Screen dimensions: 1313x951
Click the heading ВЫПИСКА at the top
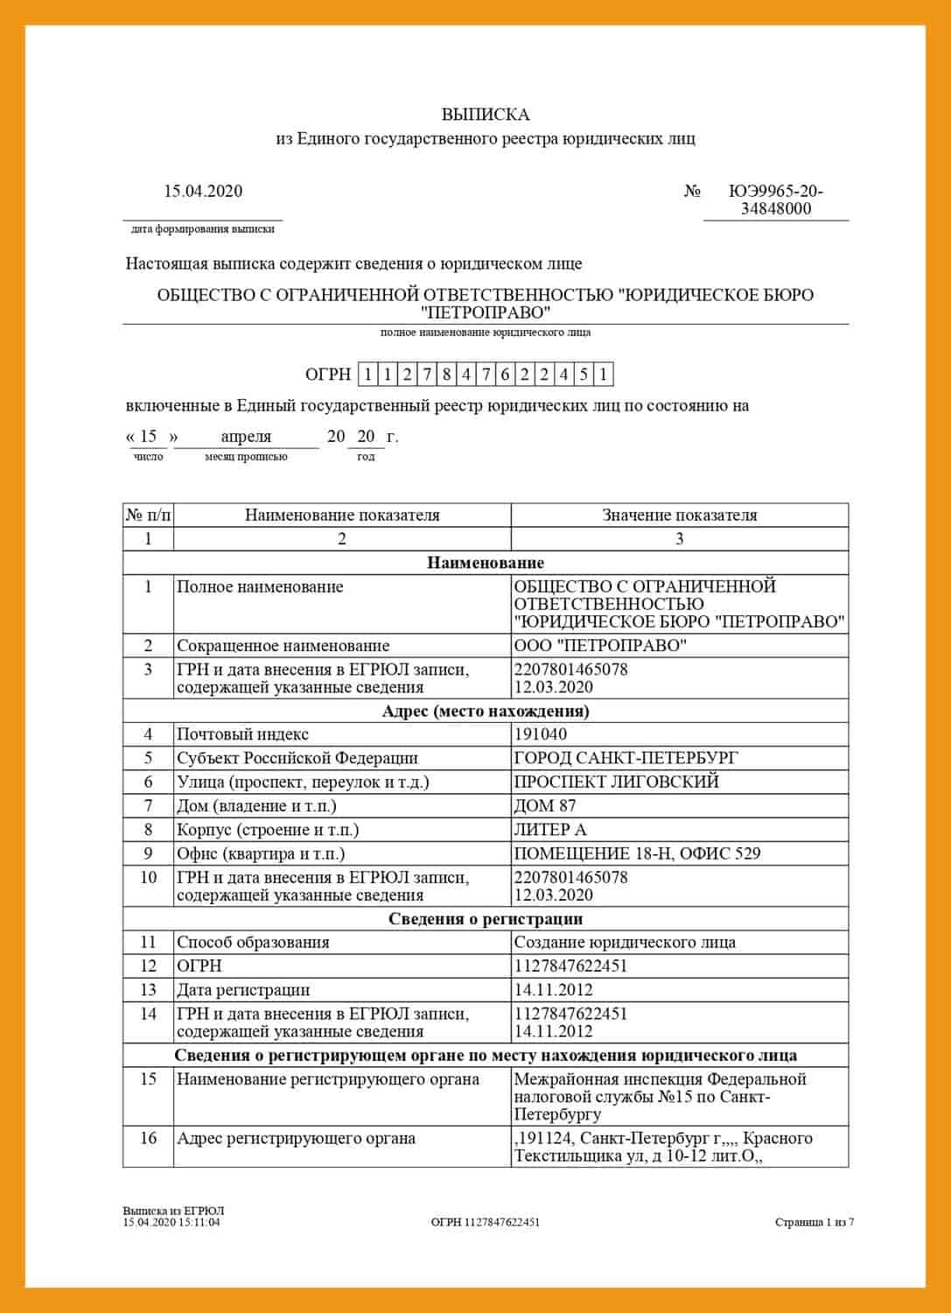(x=485, y=115)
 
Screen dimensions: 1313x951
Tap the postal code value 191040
(x=541, y=734)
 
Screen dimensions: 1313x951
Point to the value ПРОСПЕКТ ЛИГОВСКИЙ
(x=616, y=782)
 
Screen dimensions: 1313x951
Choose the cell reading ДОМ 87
(x=545, y=805)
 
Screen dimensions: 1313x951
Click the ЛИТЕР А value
(x=550, y=830)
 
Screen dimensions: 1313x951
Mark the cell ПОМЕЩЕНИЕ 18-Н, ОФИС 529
(x=637, y=853)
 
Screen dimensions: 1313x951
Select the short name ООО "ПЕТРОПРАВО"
(x=600, y=646)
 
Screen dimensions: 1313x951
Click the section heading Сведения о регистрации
(x=486, y=919)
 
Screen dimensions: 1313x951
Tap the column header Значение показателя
(x=680, y=515)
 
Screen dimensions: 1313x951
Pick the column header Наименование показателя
(x=342, y=515)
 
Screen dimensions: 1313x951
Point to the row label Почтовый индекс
(x=242, y=734)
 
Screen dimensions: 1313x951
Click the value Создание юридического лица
(x=625, y=943)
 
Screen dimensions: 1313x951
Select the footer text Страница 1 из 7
(x=814, y=1222)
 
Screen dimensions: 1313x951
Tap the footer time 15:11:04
(x=201, y=1222)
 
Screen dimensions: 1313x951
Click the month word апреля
(x=246, y=436)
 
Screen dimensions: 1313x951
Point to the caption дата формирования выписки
(x=202, y=229)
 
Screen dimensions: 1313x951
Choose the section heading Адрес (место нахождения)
(x=486, y=711)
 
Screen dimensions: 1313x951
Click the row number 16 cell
(x=148, y=1139)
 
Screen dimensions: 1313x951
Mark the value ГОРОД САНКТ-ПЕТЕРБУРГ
(x=626, y=758)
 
